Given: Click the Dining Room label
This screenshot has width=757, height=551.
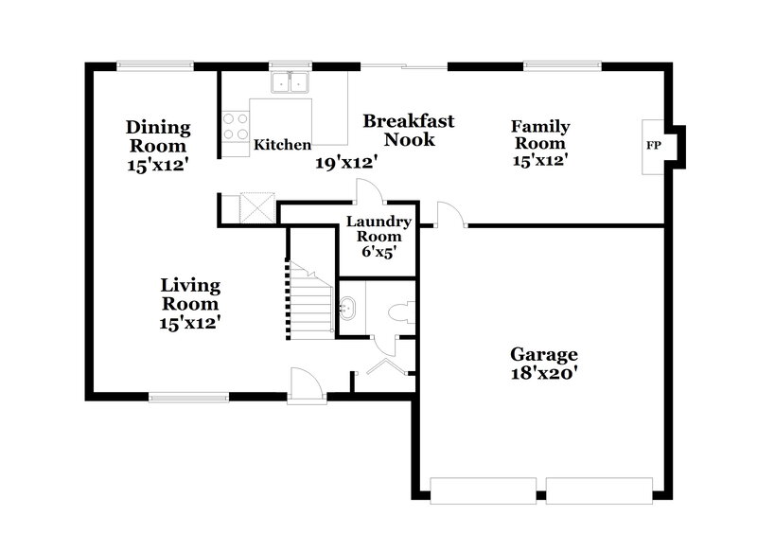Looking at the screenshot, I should point(158,137).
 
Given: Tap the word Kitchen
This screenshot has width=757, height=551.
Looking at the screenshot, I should point(282,146).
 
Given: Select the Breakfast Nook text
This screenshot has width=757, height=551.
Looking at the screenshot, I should point(409,130).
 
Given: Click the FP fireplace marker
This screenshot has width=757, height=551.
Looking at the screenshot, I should point(653,146).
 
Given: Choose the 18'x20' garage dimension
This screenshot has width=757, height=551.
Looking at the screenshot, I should point(543,373).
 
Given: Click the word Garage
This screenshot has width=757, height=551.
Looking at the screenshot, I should point(543,354).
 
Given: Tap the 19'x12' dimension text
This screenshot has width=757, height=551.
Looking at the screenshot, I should point(347,163).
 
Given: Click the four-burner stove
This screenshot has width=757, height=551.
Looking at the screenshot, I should point(236,127).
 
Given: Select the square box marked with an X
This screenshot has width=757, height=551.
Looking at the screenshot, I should point(256,207).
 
